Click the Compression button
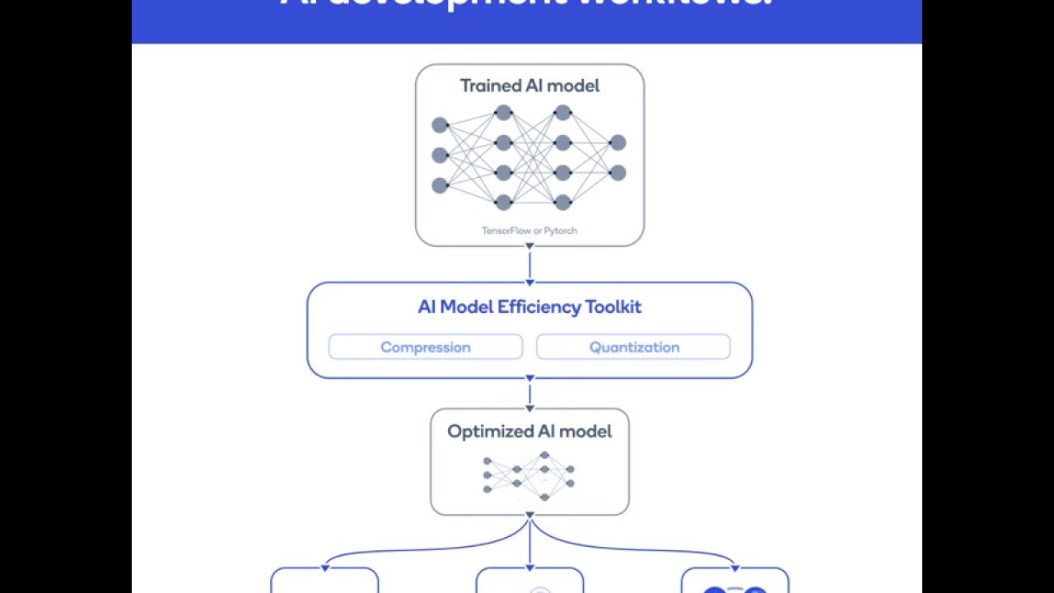coord(425,347)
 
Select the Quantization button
coord(633,347)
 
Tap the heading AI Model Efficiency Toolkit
coord(529,307)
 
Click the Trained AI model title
coord(529,86)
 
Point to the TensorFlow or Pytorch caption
coord(529,231)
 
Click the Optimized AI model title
coord(529,432)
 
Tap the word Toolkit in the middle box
coord(613,307)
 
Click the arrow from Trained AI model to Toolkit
coord(529,264)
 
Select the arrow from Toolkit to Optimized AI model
coord(529,394)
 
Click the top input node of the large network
coord(440,125)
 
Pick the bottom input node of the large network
coord(440,185)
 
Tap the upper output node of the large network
coord(618,143)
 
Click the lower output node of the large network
coord(618,173)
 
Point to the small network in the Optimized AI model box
coord(529,476)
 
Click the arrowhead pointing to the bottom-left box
coord(325,567)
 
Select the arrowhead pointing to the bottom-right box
coord(735,567)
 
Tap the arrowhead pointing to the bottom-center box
coord(529,567)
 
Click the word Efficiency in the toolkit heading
coord(539,307)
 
